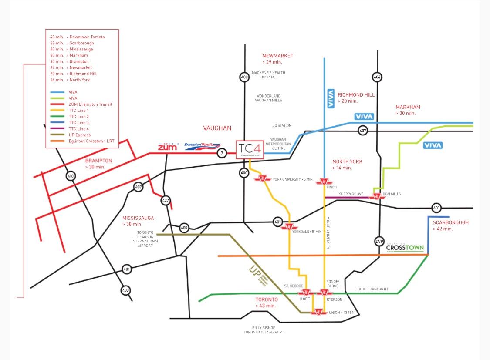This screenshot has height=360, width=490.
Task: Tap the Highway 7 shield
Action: point(222,153)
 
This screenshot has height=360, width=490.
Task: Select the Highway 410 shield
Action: point(71,176)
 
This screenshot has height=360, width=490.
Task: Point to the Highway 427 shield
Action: point(166,201)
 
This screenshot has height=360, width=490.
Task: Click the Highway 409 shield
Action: point(184,227)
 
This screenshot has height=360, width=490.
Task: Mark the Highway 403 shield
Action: point(125,290)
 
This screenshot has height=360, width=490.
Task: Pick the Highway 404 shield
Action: point(377,77)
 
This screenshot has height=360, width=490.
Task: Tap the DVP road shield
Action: point(379,242)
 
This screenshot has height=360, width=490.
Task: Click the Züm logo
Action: point(167,147)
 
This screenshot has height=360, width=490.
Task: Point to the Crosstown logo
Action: point(405,248)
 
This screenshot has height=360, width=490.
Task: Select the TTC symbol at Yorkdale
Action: point(289,227)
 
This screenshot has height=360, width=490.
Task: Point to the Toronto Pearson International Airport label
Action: point(145,239)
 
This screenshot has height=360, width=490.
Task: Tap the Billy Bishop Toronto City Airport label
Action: point(264,330)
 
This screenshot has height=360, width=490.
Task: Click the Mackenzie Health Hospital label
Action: point(268,75)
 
